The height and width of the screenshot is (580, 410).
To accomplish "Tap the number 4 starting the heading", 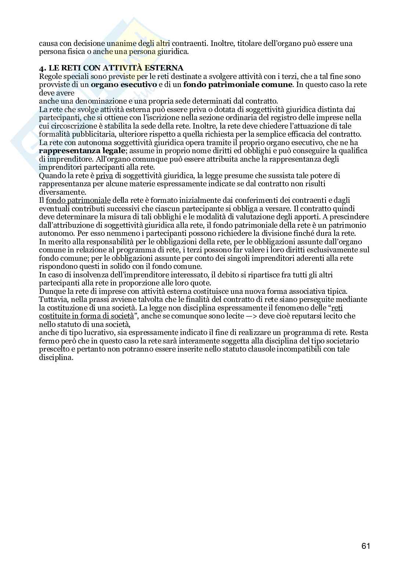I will (41, 68).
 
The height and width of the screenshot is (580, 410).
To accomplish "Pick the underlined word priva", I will (104, 176).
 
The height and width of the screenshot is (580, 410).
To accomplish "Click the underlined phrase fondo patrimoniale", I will (78, 201).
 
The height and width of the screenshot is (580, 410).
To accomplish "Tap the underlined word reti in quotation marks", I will (337, 308).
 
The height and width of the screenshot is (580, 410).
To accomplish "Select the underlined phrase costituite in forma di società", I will (86, 316).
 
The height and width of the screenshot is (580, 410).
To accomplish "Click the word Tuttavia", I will (53, 299).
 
